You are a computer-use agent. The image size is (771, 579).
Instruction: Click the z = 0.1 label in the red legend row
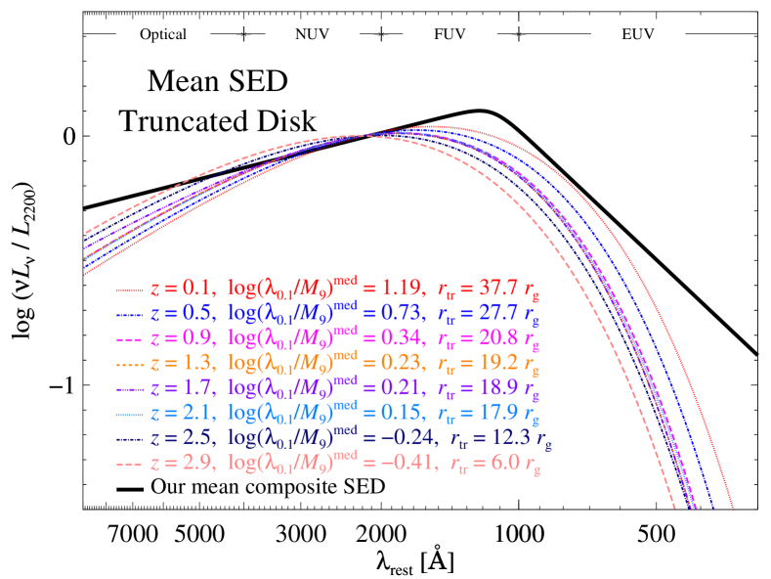[x=180, y=289]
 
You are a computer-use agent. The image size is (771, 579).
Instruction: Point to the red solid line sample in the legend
[x=131, y=290]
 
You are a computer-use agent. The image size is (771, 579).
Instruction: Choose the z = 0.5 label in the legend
[x=180, y=315]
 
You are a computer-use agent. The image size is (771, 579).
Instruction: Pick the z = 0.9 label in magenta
[x=180, y=339]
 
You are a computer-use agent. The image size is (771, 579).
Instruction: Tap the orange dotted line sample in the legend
[x=131, y=365]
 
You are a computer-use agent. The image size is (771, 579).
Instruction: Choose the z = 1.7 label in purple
[x=180, y=389]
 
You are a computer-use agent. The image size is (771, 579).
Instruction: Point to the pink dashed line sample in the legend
[x=131, y=465]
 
